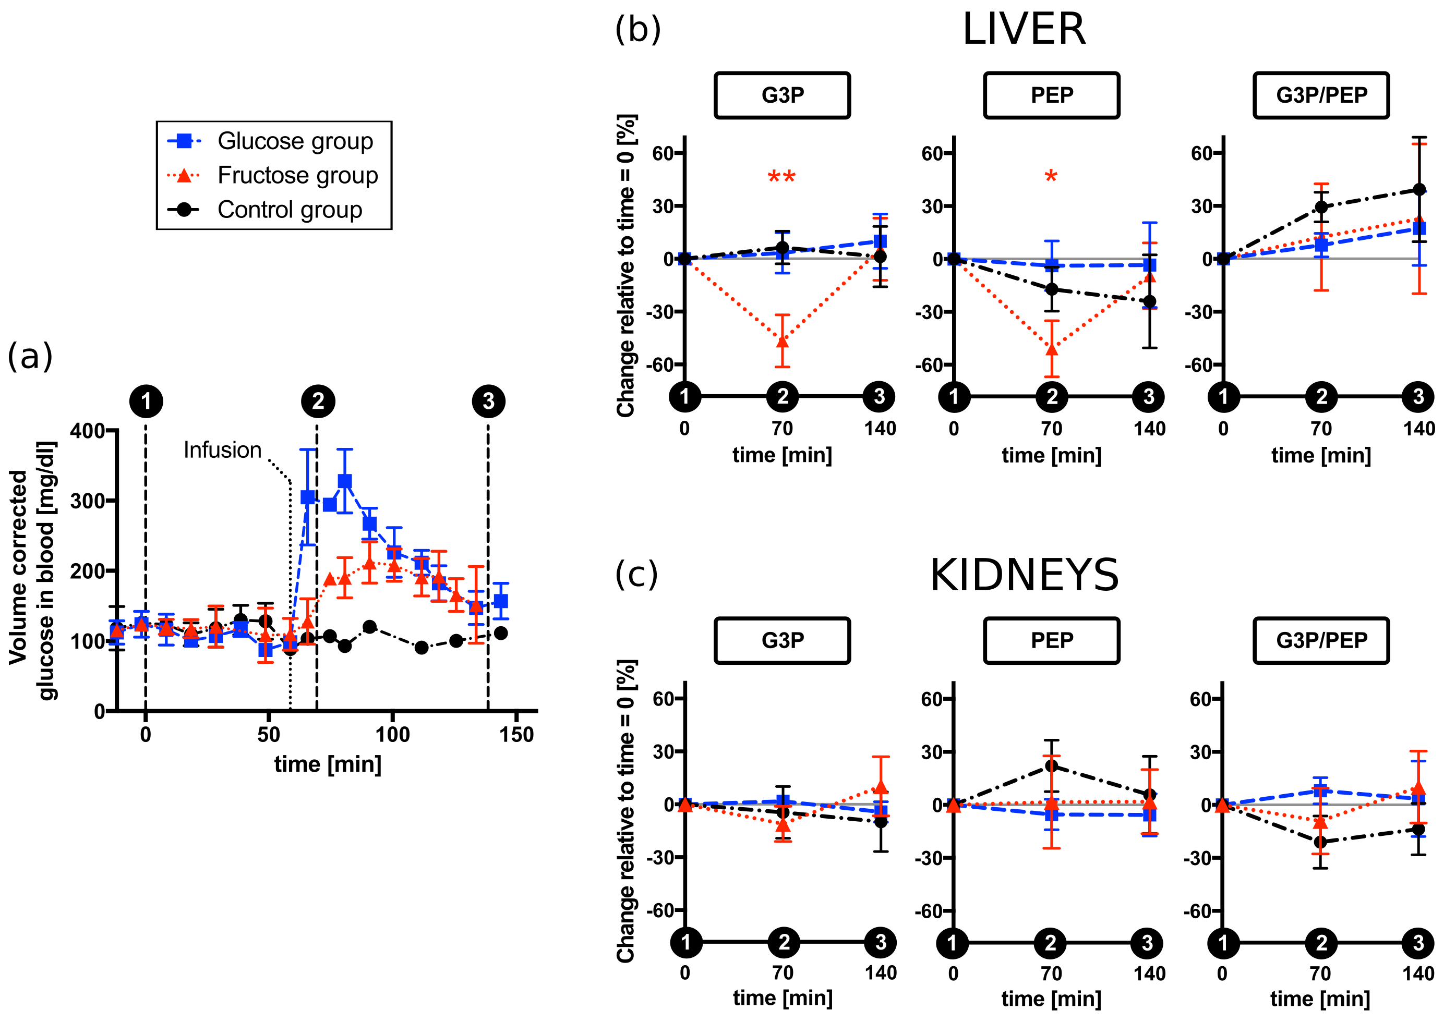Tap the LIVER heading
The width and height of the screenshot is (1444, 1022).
(x=1024, y=30)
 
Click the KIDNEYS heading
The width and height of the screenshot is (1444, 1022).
(x=1024, y=575)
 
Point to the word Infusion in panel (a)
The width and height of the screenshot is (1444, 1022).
(x=222, y=450)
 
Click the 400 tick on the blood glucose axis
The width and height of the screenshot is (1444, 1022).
(x=87, y=431)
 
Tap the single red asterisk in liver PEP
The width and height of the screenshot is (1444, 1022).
(x=1051, y=177)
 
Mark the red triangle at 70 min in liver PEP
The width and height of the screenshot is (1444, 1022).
(x=1052, y=348)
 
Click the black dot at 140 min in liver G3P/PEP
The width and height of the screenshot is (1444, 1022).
(x=1419, y=189)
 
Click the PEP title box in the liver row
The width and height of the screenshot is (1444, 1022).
(x=1052, y=95)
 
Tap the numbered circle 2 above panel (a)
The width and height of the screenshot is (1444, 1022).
(x=318, y=401)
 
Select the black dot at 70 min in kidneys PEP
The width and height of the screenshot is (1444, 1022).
(x=1051, y=766)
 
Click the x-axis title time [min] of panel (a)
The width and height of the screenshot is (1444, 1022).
(x=327, y=764)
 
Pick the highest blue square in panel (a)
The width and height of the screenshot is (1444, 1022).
(x=344, y=481)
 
